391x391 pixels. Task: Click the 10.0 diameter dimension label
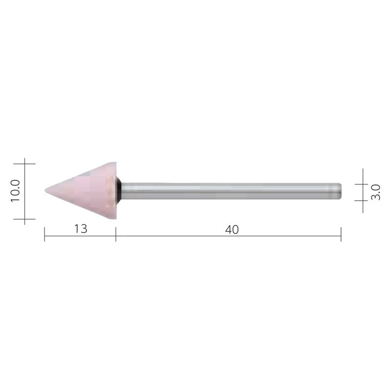pos(15,191)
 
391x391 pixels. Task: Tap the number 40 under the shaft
pos(232,229)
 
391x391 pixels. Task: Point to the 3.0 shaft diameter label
pos(375,191)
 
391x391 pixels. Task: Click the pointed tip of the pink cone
pos(46,190)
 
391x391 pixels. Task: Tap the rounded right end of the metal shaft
pos(339,191)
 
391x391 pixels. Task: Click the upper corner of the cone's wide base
pos(115,163)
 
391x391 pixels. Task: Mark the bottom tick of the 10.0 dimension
pos(24,219)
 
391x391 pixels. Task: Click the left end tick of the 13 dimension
pos(44,236)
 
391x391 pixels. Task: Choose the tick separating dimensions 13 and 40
pos(116,236)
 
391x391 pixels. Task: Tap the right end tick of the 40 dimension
pos(341,236)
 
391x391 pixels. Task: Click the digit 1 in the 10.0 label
pos(15,199)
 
